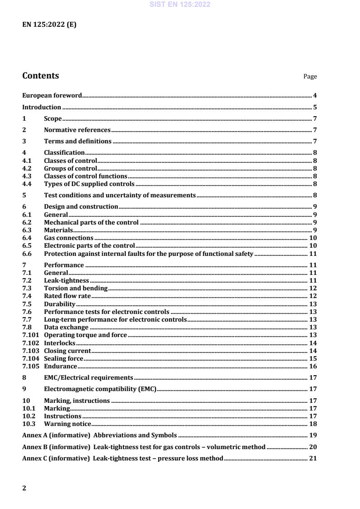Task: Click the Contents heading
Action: pos(40,76)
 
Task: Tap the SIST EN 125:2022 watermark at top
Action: pos(180,5)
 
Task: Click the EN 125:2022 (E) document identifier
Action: pos(49,25)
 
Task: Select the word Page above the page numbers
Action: pos(310,77)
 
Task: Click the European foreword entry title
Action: pos(52,96)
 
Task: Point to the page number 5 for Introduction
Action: pos(315,108)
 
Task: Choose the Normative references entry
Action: pos(77,130)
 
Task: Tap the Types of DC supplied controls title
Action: pos(89,184)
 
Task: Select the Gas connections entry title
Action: pos(69,238)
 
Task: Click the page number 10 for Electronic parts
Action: pos(313,245)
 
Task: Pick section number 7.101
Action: pos(30,335)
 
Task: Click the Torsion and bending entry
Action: pos(75,288)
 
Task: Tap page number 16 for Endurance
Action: pos(313,366)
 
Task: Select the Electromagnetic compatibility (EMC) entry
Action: pos(100,389)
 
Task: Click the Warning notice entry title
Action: pos(67,424)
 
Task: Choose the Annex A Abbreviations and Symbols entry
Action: pos(99,435)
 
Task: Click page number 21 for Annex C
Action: pos(313,458)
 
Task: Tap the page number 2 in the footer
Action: pos(25,488)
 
